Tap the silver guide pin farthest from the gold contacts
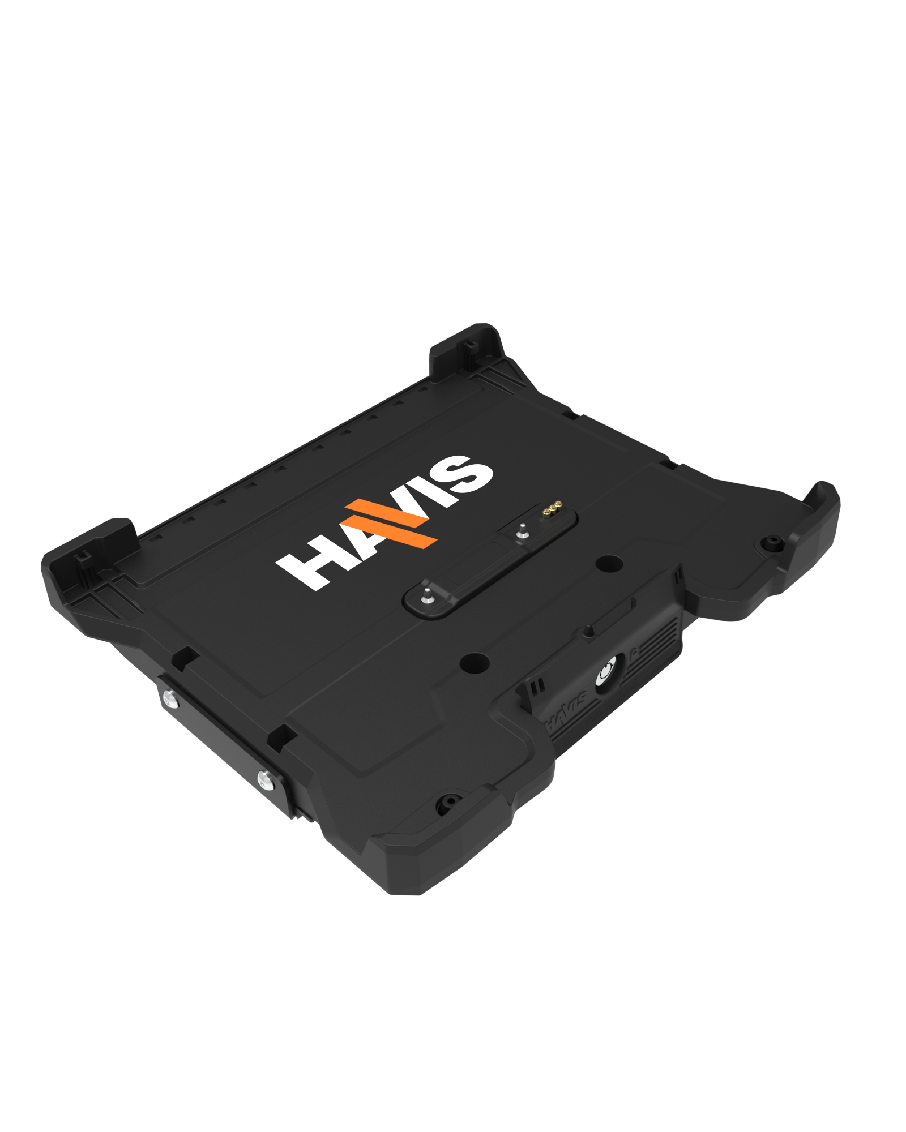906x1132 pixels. coord(426,596)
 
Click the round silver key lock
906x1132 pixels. coord(606,671)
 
